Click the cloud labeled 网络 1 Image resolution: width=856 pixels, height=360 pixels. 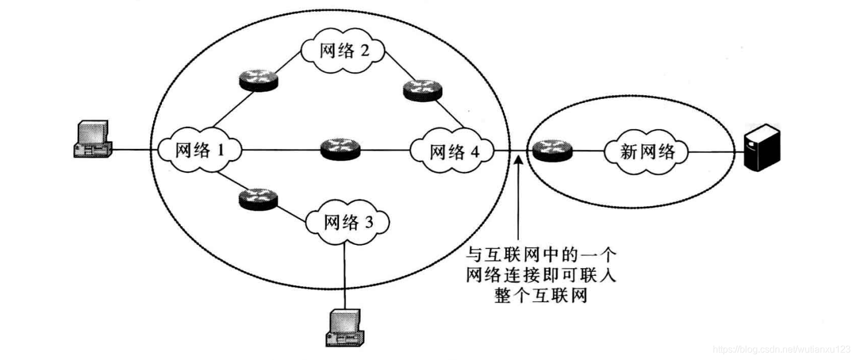tap(199, 151)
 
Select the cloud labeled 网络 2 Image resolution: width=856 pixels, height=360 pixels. tap(344, 51)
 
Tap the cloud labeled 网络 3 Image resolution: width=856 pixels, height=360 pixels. tap(347, 223)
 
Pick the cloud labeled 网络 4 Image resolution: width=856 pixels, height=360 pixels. tap(454, 152)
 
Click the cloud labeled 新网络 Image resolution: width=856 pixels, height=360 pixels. tap(647, 152)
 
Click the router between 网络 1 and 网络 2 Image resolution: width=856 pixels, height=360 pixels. tap(258, 79)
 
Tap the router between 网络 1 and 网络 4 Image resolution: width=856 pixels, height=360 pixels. tap(340, 149)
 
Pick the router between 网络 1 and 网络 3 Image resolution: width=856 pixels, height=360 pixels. tap(258, 199)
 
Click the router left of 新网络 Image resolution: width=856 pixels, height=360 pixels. tap(553, 150)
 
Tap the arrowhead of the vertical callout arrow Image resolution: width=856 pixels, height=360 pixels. tap(518, 158)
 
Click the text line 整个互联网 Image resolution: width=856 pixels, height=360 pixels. tap(541, 296)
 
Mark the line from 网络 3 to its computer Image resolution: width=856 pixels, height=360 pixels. tap(345, 275)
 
